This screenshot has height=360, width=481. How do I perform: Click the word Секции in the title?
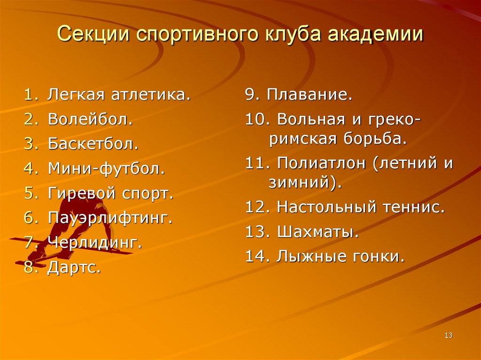pos(93,35)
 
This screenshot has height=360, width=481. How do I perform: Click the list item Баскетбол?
pos(93,144)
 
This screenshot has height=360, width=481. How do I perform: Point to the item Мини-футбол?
pos(106,168)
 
